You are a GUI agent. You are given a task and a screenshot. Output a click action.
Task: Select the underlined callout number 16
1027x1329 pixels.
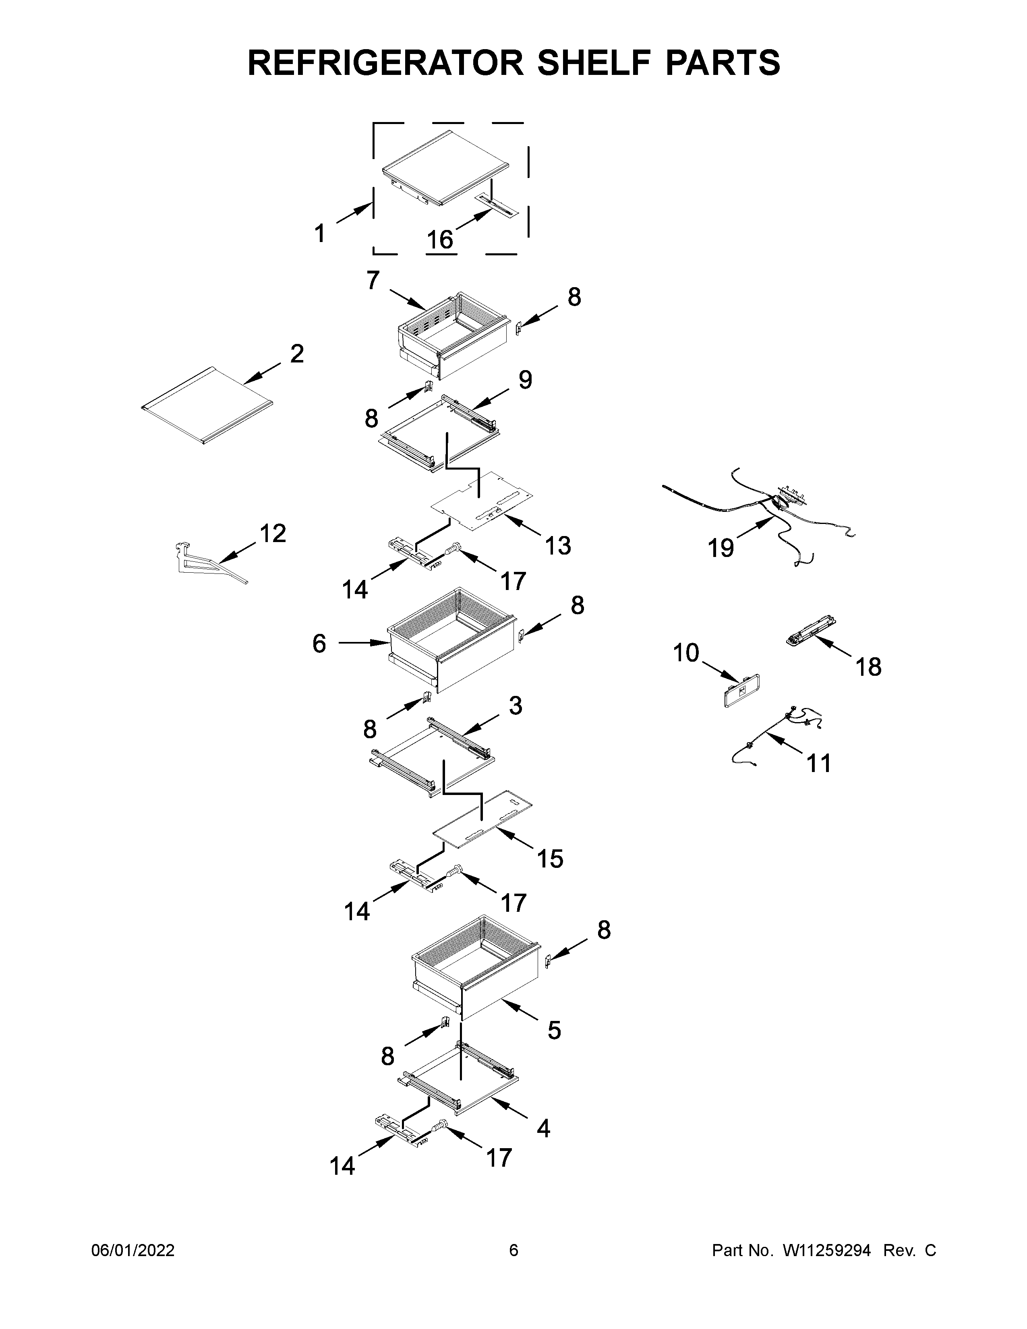[x=440, y=240]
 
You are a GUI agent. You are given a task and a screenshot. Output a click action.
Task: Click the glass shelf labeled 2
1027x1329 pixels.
[x=207, y=406]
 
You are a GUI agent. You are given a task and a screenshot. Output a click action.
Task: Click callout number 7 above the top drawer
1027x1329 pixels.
[x=373, y=281]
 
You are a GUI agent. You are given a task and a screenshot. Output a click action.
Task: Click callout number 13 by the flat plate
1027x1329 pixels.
[x=558, y=546]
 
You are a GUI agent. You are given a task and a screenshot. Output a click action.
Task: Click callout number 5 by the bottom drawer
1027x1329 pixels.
[x=554, y=1030]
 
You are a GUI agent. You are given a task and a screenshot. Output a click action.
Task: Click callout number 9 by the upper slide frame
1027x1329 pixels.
[x=525, y=380]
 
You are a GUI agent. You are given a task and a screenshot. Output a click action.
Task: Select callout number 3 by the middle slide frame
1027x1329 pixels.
[x=516, y=706]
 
